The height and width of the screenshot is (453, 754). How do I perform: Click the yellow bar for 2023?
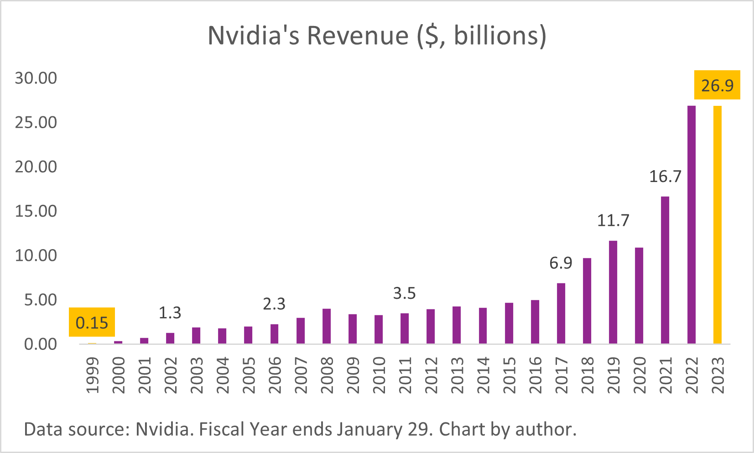(x=717, y=224)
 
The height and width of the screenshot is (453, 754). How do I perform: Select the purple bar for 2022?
(x=691, y=224)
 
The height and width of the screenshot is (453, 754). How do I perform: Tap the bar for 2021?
(x=665, y=270)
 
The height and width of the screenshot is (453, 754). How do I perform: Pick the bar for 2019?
(x=613, y=292)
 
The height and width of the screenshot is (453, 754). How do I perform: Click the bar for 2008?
(x=327, y=326)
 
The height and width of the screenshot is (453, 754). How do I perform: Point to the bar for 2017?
(x=561, y=313)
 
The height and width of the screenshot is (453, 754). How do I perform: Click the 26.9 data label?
(x=717, y=85)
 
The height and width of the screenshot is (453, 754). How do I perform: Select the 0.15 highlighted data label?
(x=92, y=323)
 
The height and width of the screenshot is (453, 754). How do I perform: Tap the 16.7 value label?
(x=665, y=176)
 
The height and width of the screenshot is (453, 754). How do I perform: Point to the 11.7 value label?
(x=613, y=220)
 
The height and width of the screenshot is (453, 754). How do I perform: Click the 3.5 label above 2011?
(x=404, y=293)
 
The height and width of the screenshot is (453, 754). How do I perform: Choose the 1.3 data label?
(x=170, y=313)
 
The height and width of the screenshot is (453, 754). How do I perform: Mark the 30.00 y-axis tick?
(x=36, y=78)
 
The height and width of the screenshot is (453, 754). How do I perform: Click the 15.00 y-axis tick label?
(x=36, y=211)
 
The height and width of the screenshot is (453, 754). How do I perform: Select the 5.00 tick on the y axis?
(x=41, y=300)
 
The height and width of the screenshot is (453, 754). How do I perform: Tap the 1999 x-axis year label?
(x=92, y=375)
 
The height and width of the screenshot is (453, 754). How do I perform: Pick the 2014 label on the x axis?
(x=483, y=375)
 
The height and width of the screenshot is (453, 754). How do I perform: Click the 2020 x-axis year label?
(x=639, y=375)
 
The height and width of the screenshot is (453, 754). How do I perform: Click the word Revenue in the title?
(x=358, y=36)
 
